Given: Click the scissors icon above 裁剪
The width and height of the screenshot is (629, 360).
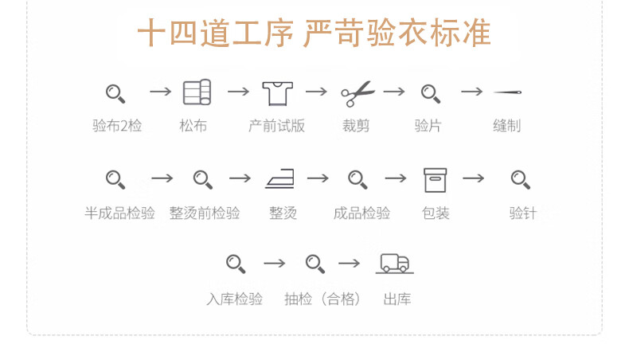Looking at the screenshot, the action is tap(357, 93).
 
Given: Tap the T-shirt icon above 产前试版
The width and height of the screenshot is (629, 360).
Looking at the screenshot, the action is tap(278, 93).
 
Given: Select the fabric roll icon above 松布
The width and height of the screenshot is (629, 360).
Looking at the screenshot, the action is tap(197, 93).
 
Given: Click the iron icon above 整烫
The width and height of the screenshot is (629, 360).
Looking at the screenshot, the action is tap(279, 179).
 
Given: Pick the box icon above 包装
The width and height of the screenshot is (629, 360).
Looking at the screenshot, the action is tap(435, 180).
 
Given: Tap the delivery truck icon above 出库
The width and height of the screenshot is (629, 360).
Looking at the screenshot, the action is tap(395, 263).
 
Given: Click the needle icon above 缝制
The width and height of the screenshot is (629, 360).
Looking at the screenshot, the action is tap(507, 92).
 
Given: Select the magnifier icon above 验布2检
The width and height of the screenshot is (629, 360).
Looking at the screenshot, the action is tap(115, 93).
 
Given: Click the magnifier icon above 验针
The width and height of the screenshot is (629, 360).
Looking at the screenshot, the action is tap(521, 179).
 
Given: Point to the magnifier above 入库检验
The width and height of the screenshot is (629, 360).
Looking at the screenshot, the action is tap(235, 263).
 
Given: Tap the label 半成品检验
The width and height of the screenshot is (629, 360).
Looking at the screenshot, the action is tap(120, 213).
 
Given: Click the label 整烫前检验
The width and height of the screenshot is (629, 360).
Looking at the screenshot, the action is tap(205, 213).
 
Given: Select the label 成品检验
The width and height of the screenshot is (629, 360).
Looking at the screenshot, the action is tap(361, 213).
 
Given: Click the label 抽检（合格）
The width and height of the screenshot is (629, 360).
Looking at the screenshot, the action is tap(323, 299).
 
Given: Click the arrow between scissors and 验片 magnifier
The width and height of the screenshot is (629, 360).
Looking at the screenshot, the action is tap(394, 92).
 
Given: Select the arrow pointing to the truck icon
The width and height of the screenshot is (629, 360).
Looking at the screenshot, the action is tap(350, 263).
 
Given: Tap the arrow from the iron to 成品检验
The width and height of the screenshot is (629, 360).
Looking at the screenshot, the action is tap(318, 178).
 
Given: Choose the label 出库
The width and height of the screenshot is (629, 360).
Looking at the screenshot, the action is tap(397, 299).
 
